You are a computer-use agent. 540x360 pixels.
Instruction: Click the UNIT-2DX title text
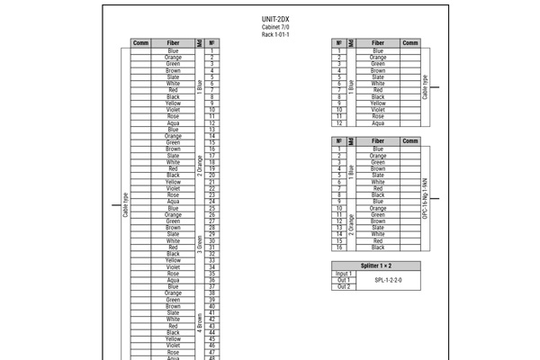pyautogui.click(x=275, y=20)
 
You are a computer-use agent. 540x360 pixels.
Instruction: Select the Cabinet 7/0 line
pyautogui.click(x=275, y=28)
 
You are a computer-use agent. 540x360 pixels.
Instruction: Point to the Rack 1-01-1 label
pyautogui.click(x=275, y=35)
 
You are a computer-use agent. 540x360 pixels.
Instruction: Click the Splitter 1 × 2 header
pyautogui.click(x=375, y=266)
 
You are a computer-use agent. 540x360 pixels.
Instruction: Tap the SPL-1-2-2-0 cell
pyautogui.click(x=388, y=280)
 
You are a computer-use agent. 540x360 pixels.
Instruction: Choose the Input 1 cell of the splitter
pyautogui.click(x=344, y=274)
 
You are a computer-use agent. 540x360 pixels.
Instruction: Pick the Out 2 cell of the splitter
pyautogui.click(x=344, y=286)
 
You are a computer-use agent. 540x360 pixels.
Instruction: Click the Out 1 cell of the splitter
pyautogui.click(x=344, y=280)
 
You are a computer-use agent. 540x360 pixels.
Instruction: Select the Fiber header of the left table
pyautogui.click(x=173, y=42)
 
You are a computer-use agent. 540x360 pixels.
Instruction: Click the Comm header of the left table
pyautogui.click(x=140, y=42)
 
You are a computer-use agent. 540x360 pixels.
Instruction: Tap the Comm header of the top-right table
pyautogui.click(x=410, y=42)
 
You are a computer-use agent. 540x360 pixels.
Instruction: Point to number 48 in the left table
pyautogui.click(x=211, y=358)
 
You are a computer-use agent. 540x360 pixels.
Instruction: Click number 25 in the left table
pyautogui.click(x=211, y=209)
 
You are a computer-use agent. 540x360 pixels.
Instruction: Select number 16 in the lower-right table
pyautogui.click(x=339, y=247)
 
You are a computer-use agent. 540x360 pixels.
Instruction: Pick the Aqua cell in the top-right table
pyautogui.click(x=379, y=123)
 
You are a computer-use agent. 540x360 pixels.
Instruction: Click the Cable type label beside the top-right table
pyautogui.click(x=425, y=86)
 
